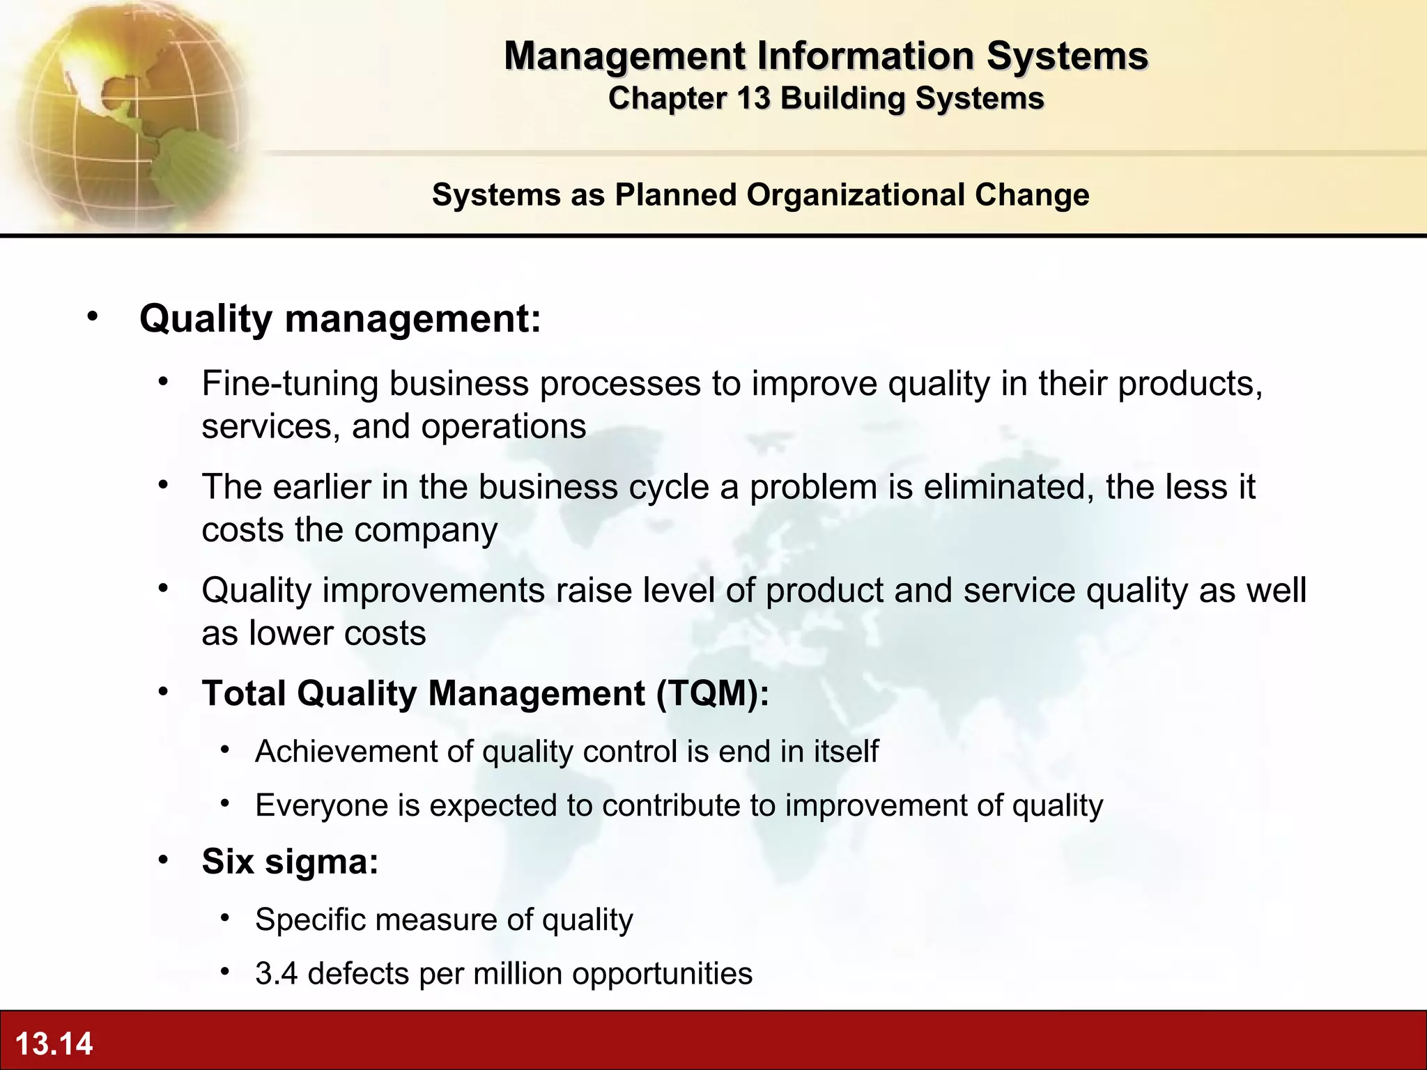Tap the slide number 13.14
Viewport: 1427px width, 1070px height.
tap(54, 1044)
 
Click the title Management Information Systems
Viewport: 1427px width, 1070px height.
tap(826, 56)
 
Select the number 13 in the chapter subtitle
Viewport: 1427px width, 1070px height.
tap(752, 98)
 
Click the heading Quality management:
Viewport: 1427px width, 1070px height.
tap(340, 319)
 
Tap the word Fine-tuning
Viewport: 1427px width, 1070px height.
tap(290, 384)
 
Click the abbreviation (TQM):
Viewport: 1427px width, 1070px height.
tap(712, 694)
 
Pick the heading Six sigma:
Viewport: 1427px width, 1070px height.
tap(290, 862)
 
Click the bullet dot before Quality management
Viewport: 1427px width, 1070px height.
tap(93, 318)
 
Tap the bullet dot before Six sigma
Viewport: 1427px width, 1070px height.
tap(163, 860)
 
